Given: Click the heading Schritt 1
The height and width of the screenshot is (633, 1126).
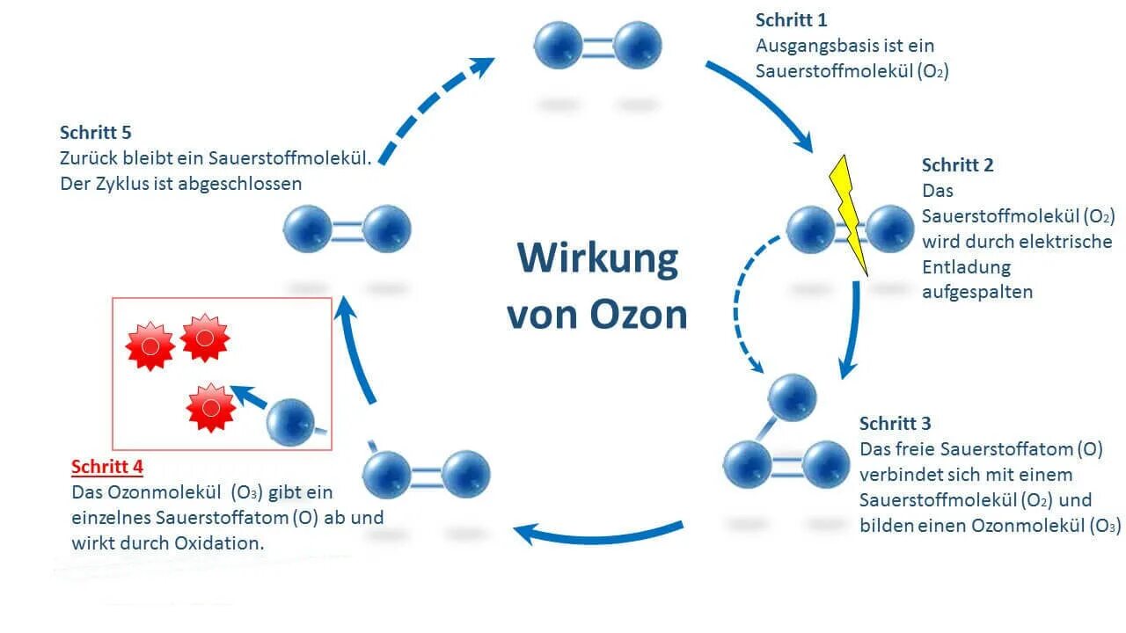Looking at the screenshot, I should [x=791, y=20].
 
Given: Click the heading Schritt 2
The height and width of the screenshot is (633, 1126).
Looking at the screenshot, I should [x=957, y=165].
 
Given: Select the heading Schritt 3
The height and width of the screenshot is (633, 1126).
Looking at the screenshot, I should [x=895, y=424].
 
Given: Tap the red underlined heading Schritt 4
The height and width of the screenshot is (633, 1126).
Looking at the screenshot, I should [x=107, y=467].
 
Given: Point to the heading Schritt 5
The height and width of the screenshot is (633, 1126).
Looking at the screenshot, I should [x=95, y=133].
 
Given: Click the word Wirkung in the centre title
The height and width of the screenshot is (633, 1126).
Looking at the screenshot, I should [x=597, y=258].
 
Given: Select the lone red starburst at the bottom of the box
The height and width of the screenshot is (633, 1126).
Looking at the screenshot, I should [x=211, y=408].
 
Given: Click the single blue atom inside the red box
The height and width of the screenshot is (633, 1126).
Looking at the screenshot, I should [x=290, y=422].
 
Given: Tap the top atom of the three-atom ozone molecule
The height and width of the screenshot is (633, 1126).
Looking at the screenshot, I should [x=792, y=397].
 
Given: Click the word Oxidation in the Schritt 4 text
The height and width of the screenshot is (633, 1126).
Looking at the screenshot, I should [x=219, y=543].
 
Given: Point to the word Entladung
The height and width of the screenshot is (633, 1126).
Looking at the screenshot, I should [x=966, y=266].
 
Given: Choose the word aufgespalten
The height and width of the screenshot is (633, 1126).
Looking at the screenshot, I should [x=976, y=292].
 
